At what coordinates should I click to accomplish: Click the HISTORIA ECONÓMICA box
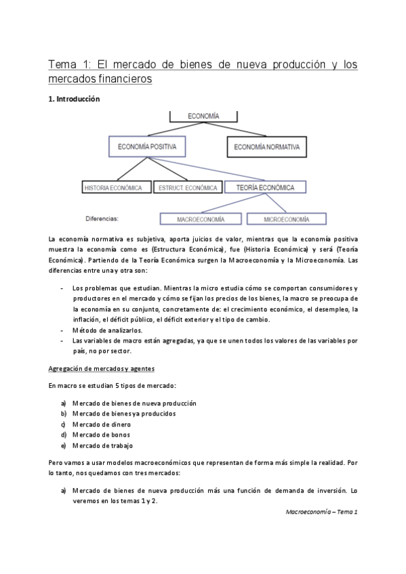tap(113, 187)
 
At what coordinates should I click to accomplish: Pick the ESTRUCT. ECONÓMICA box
tap(187, 187)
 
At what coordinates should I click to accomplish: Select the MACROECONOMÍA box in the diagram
tap(201, 219)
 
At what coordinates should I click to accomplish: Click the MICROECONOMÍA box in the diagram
tap(286, 219)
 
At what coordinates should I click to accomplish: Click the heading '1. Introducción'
tap(74, 99)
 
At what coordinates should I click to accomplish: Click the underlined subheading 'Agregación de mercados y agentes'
tap(102, 368)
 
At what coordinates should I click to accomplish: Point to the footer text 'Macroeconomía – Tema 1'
tap(321, 512)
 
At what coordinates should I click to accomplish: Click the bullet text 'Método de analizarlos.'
tap(107, 330)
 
